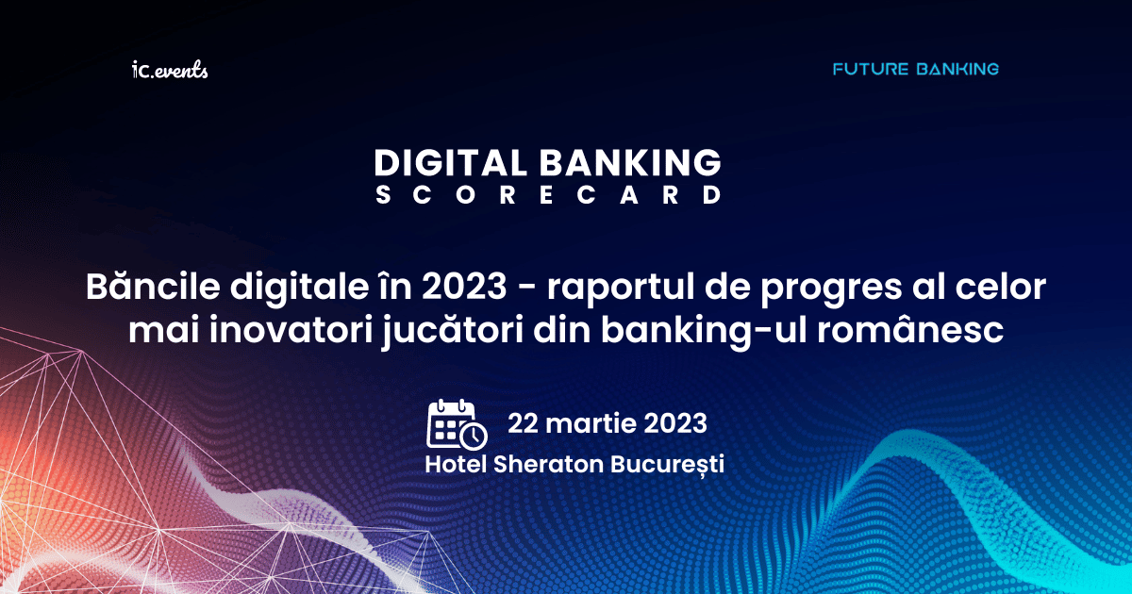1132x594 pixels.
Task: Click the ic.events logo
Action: click(x=170, y=70)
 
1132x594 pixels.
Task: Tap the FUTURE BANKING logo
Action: click(x=916, y=69)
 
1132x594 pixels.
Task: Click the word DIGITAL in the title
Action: click(x=451, y=162)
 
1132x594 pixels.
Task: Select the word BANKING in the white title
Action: click(x=630, y=162)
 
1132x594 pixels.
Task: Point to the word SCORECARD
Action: click(x=548, y=195)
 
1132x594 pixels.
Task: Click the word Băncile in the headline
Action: click(x=153, y=287)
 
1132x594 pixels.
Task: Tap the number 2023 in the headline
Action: click(x=464, y=287)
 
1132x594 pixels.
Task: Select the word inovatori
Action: click(x=291, y=330)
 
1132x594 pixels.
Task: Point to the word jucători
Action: click(x=452, y=331)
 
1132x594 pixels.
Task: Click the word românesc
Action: click(x=909, y=330)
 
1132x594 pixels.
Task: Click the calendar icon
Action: click(x=457, y=424)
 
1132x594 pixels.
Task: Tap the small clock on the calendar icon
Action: click(x=474, y=436)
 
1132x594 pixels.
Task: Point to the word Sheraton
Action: click(x=548, y=464)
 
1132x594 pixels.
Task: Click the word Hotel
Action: click(x=456, y=464)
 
